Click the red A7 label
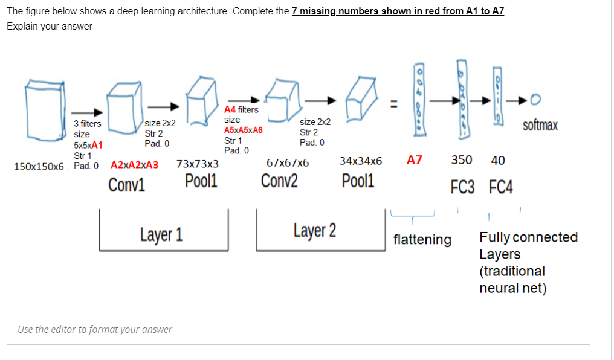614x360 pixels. [415, 160]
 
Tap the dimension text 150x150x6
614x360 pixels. [39, 166]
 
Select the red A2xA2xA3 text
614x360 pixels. [135, 164]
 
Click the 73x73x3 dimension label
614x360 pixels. [197, 164]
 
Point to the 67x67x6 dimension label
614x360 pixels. [288, 162]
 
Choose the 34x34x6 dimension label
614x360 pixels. [361, 161]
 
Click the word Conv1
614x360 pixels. [127, 184]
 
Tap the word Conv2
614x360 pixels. [279, 181]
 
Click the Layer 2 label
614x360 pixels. [315, 230]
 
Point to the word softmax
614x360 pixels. [540, 126]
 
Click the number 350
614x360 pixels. [462, 160]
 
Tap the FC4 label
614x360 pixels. [500, 187]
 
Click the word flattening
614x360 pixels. [422, 240]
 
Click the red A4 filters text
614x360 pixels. [241, 110]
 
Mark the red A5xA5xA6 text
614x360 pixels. [243, 130]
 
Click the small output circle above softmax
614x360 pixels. [535, 98]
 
